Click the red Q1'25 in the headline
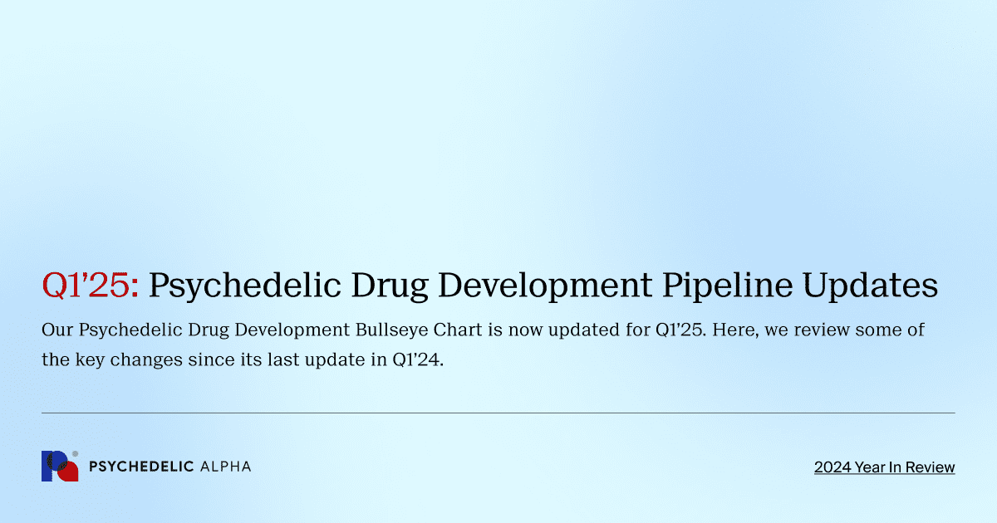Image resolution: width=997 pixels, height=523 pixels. click(x=91, y=285)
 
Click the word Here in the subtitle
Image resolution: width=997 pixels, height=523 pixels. click(x=734, y=330)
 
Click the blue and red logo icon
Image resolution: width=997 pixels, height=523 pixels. click(x=59, y=467)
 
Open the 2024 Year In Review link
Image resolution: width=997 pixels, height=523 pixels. click(x=884, y=467)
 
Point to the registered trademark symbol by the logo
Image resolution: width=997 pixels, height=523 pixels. click(x=76, y=454)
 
